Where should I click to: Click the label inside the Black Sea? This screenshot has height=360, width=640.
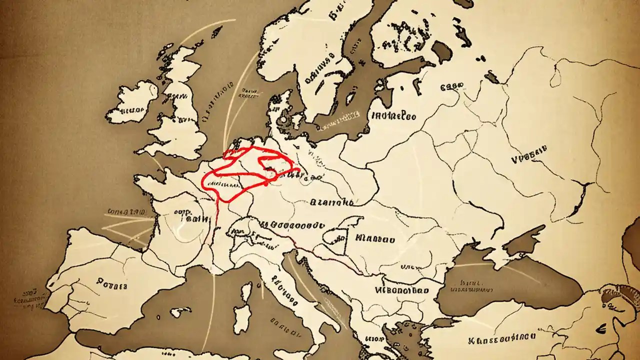(x=470, y=285)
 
